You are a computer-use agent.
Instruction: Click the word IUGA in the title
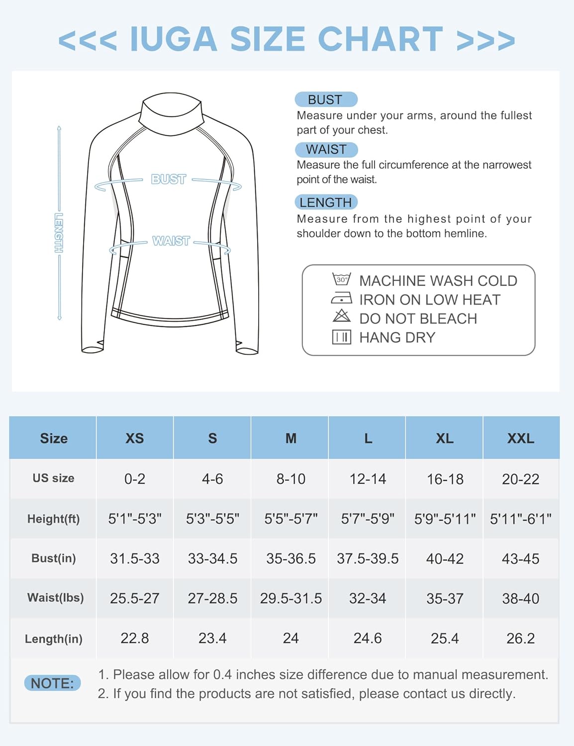(x=174, y=39)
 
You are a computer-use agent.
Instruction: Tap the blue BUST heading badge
(x=326, y=99)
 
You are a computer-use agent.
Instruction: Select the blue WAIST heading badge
(x=326, y=149)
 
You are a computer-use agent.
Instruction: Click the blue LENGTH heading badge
(x=326, y=202)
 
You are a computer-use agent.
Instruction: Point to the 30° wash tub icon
(x=342, y=280)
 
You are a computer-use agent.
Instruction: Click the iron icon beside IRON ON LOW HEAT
(x=342, y=299)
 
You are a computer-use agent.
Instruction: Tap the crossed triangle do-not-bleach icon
(x=342, y=316)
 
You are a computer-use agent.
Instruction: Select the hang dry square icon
(x=342, y=337)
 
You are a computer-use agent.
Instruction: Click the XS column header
(x=134, y=438)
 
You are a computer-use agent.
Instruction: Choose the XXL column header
(x=520, y=438)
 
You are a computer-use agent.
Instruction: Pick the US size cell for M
(x=290, y=479)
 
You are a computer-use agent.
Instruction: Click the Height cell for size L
(x=368, y=519)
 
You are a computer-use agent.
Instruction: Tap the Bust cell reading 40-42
(x=445, y=559)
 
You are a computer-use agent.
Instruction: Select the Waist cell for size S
(x=212, y=598)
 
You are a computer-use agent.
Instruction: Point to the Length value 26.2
(x=520, y=638)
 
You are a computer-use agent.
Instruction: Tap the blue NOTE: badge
(x=52, y=683)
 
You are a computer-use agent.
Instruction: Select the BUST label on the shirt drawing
(x=169, y=179)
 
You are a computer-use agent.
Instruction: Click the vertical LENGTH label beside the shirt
(x=59, y=233)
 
